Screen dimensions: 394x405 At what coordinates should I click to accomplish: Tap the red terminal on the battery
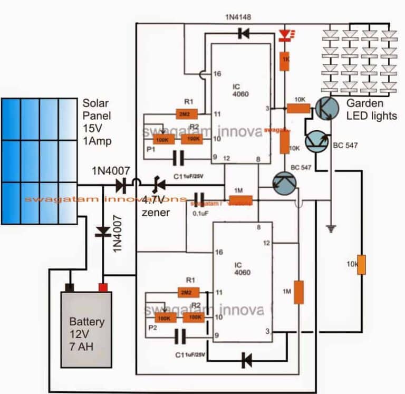[103, 287]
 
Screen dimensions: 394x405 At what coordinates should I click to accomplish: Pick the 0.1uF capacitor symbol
[199, 199]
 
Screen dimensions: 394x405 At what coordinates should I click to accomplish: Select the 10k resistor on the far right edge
[361, 264]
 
